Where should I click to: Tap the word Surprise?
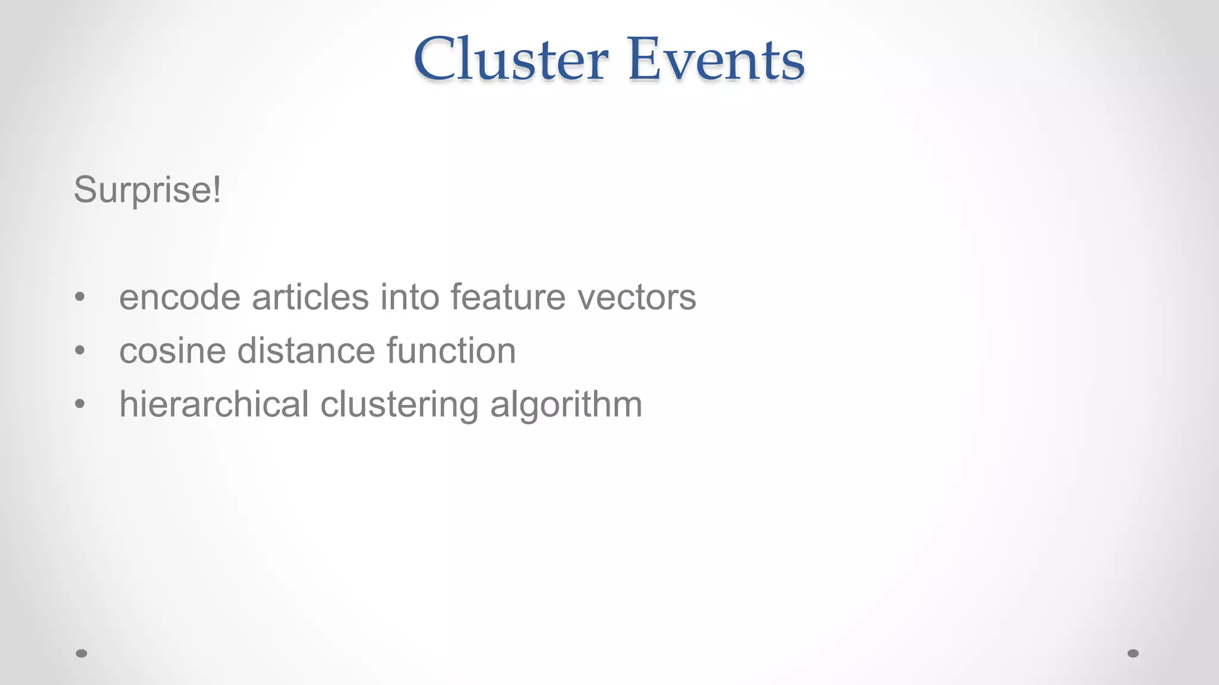[147, 190]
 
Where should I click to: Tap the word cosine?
[173, 350]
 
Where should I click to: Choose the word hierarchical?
[214, 404]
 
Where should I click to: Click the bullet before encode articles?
[80, 297]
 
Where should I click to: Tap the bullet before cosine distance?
[80, 350]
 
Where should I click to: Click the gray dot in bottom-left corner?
[82, 653]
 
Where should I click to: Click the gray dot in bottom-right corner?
[1133, 653]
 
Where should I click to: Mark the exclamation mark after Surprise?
[216, 190]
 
